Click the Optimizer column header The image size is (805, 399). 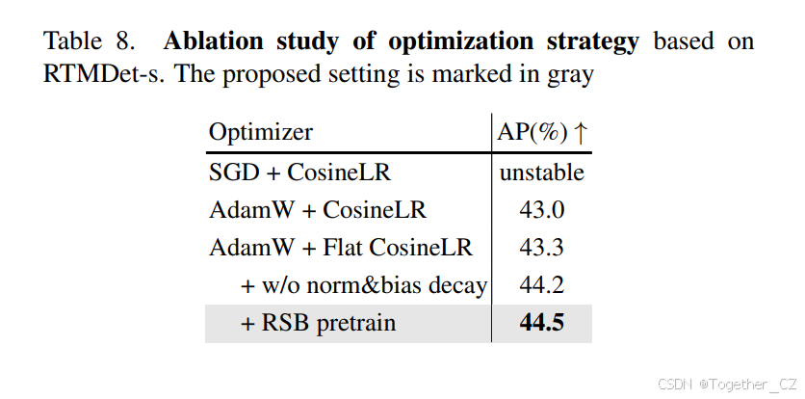coord(261,133)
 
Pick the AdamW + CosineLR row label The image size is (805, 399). coord(317,209)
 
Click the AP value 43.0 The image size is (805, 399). coord(542,209)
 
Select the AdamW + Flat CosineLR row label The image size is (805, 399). coord(341,247)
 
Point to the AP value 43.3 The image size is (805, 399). coord(542,247)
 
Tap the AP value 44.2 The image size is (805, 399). coord(542,284)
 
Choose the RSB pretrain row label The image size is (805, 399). coord(318,323)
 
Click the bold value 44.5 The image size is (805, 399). coord(542,323)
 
